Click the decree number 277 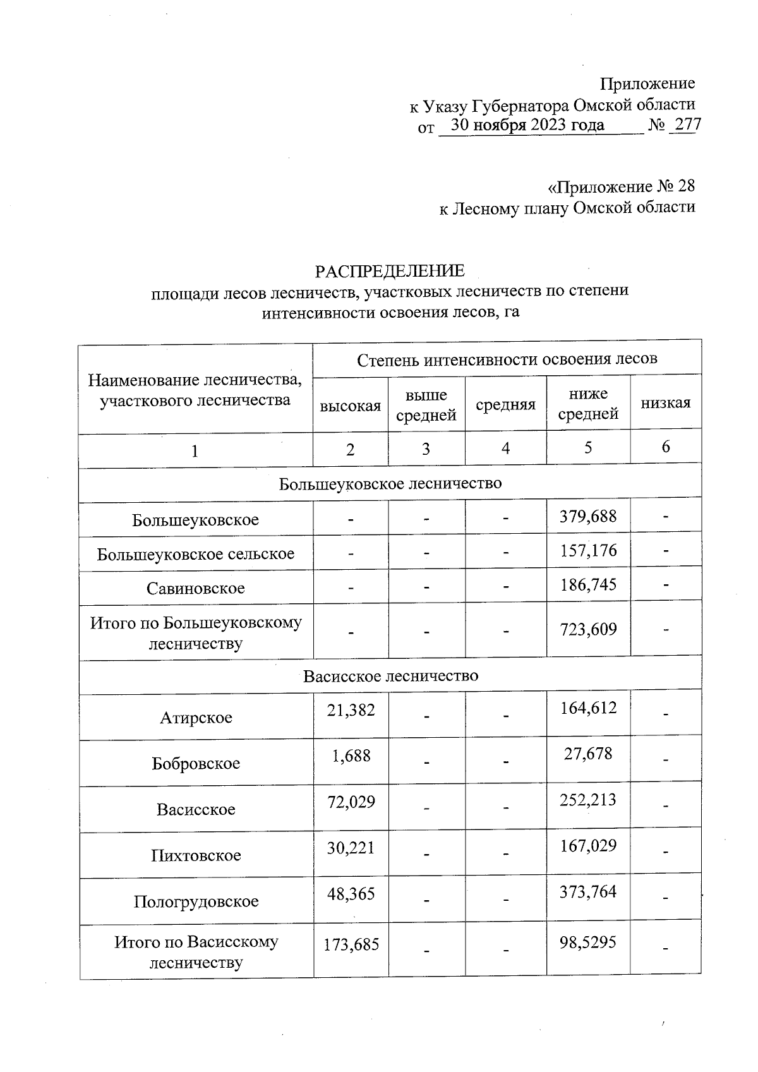click(x=687, y=125)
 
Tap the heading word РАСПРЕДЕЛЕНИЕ click(x=390, y=271)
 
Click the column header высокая click(x=351, y=406)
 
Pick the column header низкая click(x=665, y=403)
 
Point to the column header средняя click(x=505, y=405)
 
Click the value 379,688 click(x=588, y=517)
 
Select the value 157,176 click(x=588, y=551)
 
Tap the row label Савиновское click(x=196, y=588)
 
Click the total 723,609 click(x=588, y=629)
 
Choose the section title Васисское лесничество click(x=390, y=676)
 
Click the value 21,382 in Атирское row click(x=351, y=710)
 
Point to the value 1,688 click(x=351, y=756)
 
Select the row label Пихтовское click(x=196, y=855)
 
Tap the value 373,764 click(x=588, y=892)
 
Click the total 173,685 click(x=351, y=945)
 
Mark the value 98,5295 click(x=588, y=943)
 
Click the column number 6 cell click(x=665, y=447)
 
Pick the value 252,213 click(x=588, y=800)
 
